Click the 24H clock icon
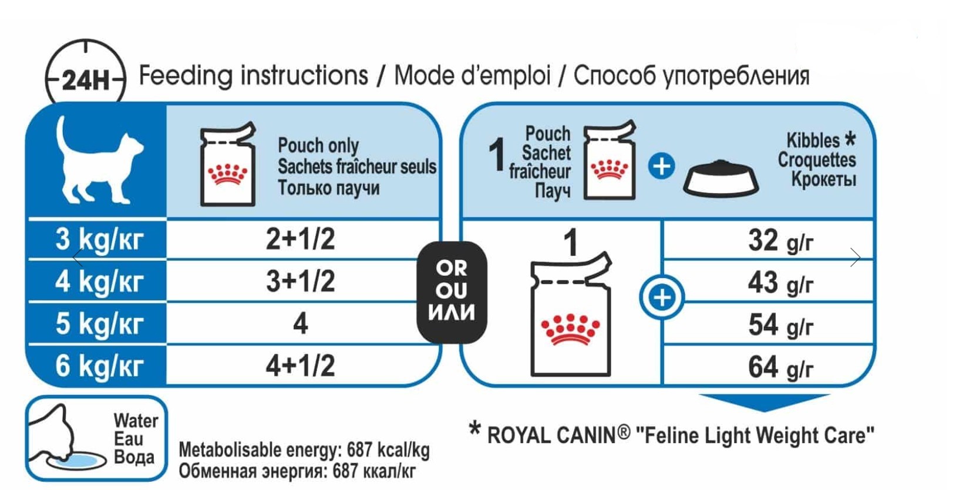tap(86, 77)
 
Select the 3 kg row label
tap(99, 239)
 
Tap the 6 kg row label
tap(99, 366)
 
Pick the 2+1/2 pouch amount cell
tap(301, 239)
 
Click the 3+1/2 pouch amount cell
tap(301, 281)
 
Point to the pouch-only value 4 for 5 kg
tap(301, 323)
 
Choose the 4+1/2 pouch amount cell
tap(301, 366)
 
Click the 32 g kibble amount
tap(780, 241)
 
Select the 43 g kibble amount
tap(780, 283)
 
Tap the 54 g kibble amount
tap(780, 325)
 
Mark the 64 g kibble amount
tap(780, 367)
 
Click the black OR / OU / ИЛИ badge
tap(452, 292)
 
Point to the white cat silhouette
tap(99, 160)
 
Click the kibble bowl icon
tap(721, 178)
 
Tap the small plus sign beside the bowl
tap(662, 166)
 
